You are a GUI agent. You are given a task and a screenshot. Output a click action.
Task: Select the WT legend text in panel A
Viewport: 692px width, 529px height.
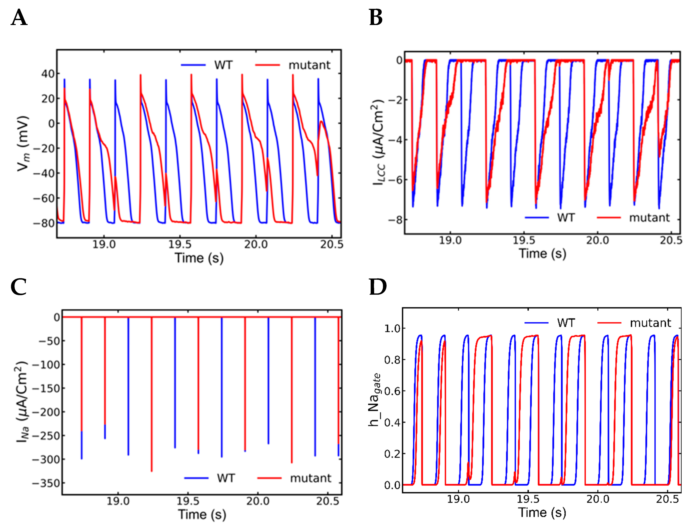click(x=223, y=65)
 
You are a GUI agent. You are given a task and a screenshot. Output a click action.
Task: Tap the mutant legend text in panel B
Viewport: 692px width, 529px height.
click(x=649, y=218)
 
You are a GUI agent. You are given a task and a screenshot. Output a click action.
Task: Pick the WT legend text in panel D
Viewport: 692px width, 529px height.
click(x=566, y=323)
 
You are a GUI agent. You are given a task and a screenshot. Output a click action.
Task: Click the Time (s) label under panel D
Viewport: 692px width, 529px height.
click(x=542, y=513)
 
